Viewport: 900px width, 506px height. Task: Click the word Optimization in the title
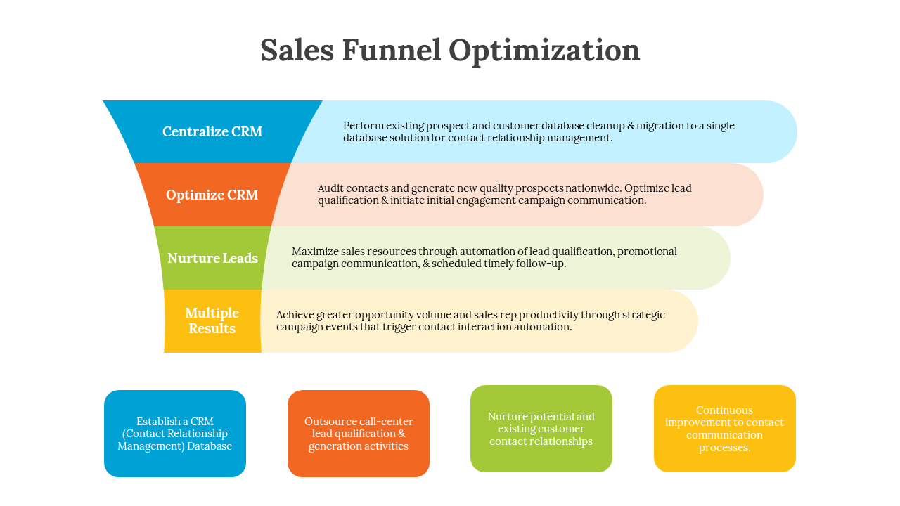[x=544, y=51]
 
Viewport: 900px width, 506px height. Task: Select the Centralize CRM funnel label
[x=212, y=131]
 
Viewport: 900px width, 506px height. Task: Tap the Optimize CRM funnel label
[x=212, y=195]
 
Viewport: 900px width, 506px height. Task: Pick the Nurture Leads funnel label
[x=212, y=258]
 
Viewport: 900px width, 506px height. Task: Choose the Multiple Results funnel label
[x=212, y=320]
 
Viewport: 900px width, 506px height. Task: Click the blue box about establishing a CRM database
[x=175, y=434]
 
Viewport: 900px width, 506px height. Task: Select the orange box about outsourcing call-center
[x=359, y=434]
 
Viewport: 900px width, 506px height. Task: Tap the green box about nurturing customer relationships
[x=541, y=429]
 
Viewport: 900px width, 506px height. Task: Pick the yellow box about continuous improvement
[x=725, y=429]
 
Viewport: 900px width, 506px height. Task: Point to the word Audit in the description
[x=331, y=188]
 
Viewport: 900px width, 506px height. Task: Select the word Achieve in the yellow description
[x=295, y=315]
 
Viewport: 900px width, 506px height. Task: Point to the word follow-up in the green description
[x=541, y=264]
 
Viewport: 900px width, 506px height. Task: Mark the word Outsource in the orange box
[x=329, y=422]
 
